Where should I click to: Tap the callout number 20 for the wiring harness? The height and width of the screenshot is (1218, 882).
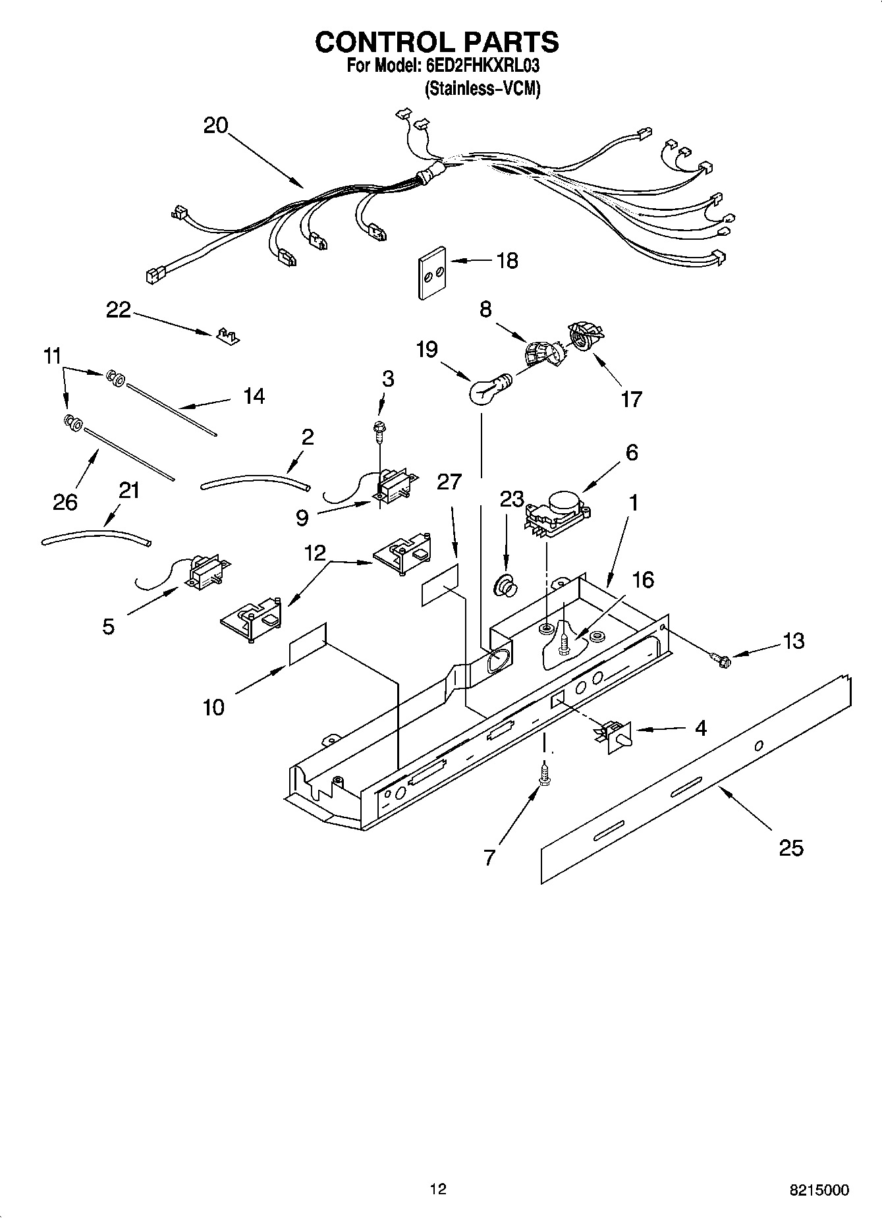click(215, 125)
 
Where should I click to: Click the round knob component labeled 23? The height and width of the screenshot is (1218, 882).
click(506, 585)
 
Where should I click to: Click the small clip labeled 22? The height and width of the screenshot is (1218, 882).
click(227, 336)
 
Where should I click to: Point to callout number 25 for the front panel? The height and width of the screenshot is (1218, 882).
click(791, 848)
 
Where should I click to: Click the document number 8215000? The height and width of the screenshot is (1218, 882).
click(819, 1190)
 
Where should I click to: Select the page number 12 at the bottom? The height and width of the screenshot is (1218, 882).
click(437, 1189)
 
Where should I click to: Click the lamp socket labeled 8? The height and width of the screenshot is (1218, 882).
click(540, 353)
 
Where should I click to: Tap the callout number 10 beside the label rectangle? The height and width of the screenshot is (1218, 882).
click(213, 707)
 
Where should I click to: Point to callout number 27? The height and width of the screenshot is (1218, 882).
click(449, 482)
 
